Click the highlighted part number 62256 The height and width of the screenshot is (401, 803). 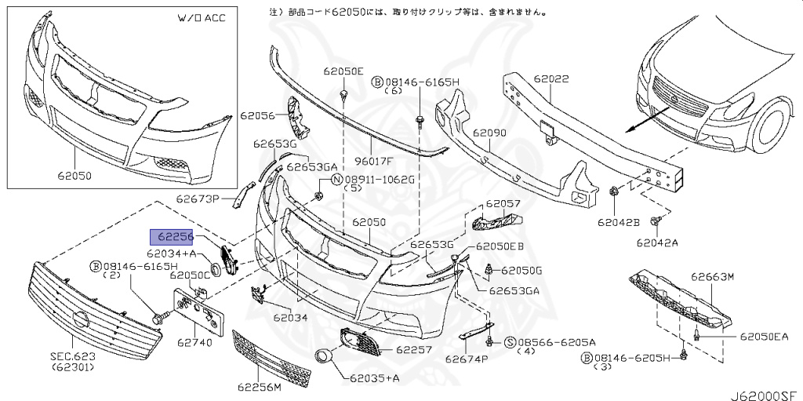pyautogui.click(x=171, y=235)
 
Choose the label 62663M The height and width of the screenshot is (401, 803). pyautogui.click(x=712, y=276)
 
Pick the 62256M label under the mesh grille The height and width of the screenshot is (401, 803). pyautogui.click(x=259, y=387)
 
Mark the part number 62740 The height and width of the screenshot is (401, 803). pyautogui.click(x=194, y=342)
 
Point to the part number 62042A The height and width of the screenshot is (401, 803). pyautogui.click(x=656, y=242)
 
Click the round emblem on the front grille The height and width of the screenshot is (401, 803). pyautogui.click(x=79, y=320)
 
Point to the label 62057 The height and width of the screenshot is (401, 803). pyautogui.click(x=503, y=204)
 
